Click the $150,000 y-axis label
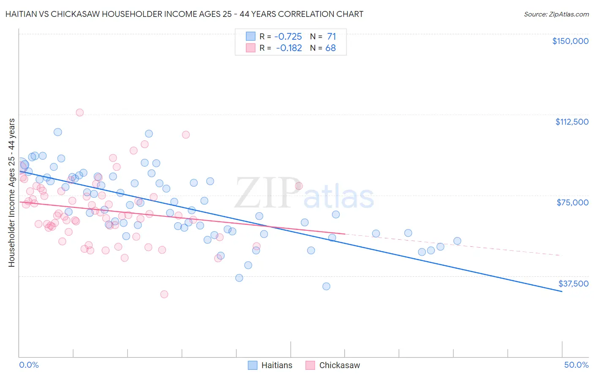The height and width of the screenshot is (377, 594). pyautogui.click(x=570, y=41)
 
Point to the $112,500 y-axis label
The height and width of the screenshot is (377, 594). pyautogui.click(x=572, y=122)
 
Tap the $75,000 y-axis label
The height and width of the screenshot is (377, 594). pyautogui.click(x=572, y=202)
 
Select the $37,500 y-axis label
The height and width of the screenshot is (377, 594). pyautogui.click(x=573, y=284)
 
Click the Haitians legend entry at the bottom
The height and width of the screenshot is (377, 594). pyautogui.click(x=277, y=366)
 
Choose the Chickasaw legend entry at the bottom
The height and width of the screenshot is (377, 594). pyautogui.click(x=339, y=366)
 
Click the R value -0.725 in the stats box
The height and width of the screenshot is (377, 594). pyautogui.click(x=288, y=37)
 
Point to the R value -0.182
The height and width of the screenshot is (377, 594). pyautogui.click(x=289, y=48)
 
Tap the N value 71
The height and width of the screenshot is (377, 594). pyautogui.click(x=331, y=37)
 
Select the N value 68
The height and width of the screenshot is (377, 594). pyautogui.click(x=330, y=48)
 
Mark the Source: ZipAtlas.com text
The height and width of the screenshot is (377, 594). pyautogui.click(x=556, y=14)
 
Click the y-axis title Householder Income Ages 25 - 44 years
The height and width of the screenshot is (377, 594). pyautogui.click(x=12, y=193)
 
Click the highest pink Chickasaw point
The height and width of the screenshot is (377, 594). pyautogui.click(x=79, y=112)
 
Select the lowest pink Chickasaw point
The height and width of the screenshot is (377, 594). pyautogui.click(x=164, y=294)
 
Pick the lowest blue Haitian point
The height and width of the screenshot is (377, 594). pyautogui.click(x=326, y=286)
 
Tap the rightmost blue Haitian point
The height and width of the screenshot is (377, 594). pyautogui.click(x=457, y=241)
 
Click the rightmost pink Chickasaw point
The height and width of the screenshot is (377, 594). pyautogui.click(x=299, y=186)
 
